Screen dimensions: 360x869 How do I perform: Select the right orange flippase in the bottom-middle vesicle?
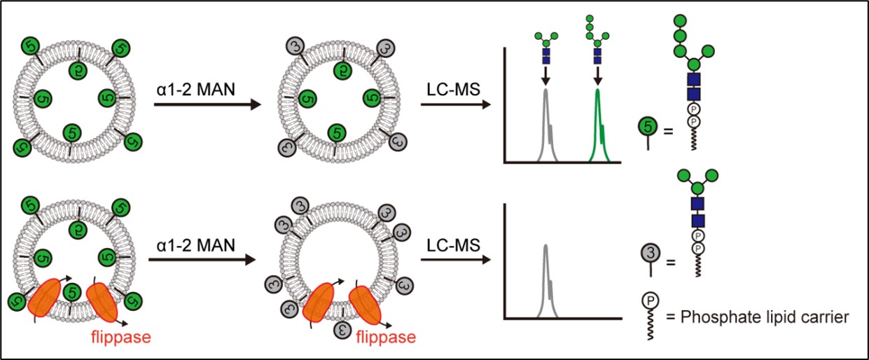click(366, 304)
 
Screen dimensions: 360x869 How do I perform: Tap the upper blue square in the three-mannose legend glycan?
click(697, 203)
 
